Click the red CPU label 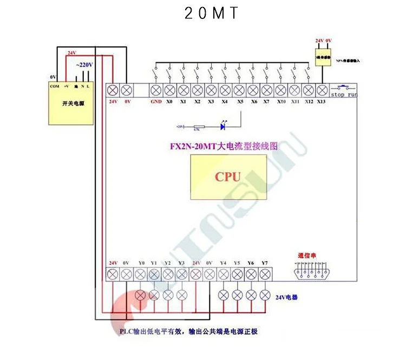tap(227, 176)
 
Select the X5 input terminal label tap(240, 101)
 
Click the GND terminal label tap(156, 101)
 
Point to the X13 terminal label tap(322, 101)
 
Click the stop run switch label tap(344, 95)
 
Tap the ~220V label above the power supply tap(84, 65)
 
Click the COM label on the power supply tap(54, 86)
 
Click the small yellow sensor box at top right tap(324, 56)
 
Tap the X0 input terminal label tap(169, 101)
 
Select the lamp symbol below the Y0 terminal tap(141, 295)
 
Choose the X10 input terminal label tap(281, 101)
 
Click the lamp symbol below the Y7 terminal tap(265, 295)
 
